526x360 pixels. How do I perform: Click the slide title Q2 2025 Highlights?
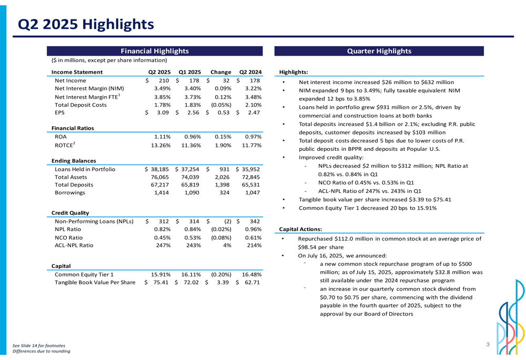click(86, 24)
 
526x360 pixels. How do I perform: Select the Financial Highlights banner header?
click(155, 51)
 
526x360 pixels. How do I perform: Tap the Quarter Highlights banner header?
click(379, 51)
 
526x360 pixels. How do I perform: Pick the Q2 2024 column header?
click(250, 72)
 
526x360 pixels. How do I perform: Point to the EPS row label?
click(59, 112)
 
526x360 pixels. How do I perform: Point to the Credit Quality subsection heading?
click(69, 213)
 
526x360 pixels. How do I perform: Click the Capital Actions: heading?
click(300, 229)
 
